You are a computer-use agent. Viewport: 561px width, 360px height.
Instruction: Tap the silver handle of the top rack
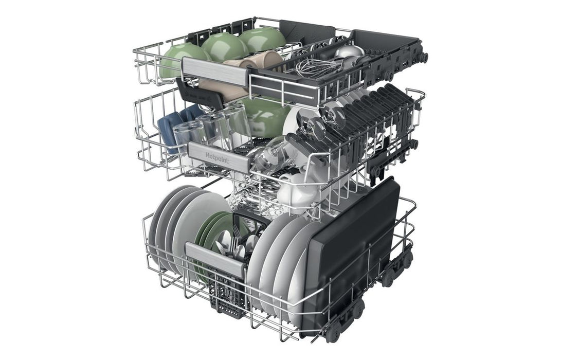point(215,71)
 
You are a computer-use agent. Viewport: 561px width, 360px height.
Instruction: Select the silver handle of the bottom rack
point(215,259)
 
